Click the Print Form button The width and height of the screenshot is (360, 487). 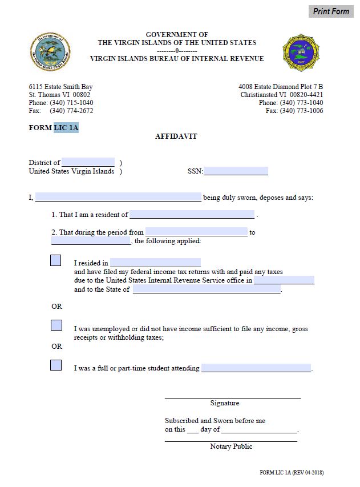pos(331,11)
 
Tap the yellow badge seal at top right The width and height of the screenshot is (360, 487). pos(301,52)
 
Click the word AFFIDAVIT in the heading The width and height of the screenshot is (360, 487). pos(176,136)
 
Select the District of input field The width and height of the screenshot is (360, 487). pos(88,162)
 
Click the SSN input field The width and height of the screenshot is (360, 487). pos(236,171)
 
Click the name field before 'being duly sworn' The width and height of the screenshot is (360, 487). pos(118,198)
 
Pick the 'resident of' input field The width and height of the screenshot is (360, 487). pos(192,215)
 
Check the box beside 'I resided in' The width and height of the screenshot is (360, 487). pos(56,260)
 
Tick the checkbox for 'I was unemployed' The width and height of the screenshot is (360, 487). pos(56,325)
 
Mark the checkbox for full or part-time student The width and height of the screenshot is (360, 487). pos(56,365)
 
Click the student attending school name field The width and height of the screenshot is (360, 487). pos(256,368)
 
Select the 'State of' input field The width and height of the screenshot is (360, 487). pos(207,289)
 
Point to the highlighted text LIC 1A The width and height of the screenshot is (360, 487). pos(66,128)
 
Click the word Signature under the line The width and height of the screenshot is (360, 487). pos(225,403)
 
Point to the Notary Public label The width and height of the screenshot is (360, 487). pos(231,446)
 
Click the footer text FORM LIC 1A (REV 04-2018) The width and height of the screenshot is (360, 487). pos(292,473)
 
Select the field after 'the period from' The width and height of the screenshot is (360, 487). pos(196,232)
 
